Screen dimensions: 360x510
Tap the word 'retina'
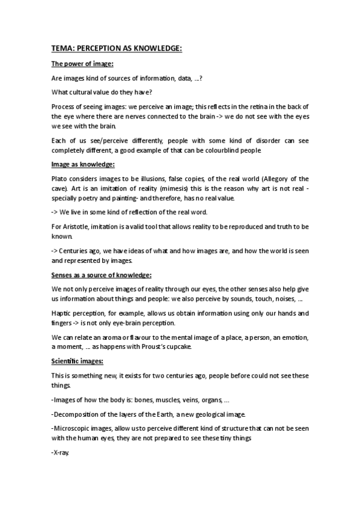tap(243, 106)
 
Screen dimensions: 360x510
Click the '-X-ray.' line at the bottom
tap(61, 454)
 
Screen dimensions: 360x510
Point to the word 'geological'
tap(213, 415)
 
